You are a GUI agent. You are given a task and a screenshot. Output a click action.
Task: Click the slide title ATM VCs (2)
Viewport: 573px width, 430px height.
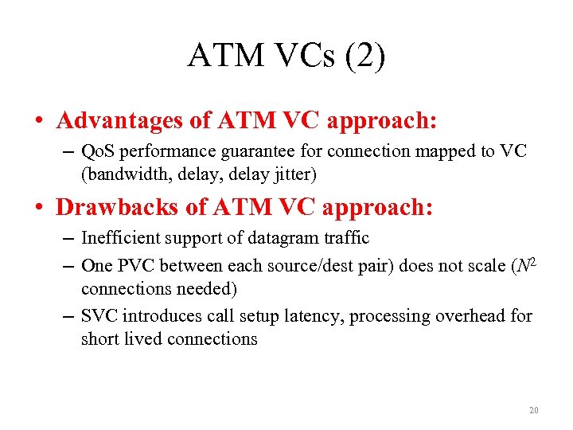click(x=286, y=57)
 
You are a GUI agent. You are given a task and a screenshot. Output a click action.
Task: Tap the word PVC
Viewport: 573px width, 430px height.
click(x=136, y=266)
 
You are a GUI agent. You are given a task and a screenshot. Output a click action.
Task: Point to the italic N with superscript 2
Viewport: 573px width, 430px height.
click(x=525, y=264)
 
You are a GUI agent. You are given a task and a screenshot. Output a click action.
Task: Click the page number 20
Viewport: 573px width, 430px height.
click(x=533, y=411)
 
